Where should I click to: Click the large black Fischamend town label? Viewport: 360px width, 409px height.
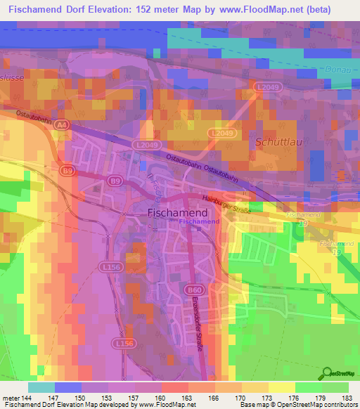pyautogui.click(x=177, y=212)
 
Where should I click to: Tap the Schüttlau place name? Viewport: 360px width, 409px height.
pyautogui.click(x=279, y=141)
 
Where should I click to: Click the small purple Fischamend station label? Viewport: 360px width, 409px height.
pyautogui.click(x=200, y=222)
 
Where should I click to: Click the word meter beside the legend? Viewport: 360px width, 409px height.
pyautogui.click(x=11, y=397)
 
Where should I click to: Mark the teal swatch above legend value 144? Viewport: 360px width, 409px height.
pyautogui.click(x=41, y=387)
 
